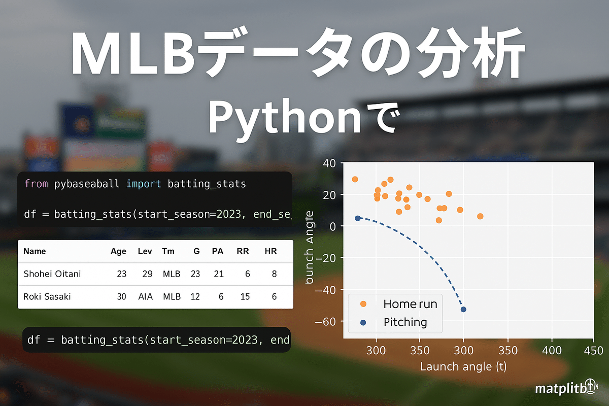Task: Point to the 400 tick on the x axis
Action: coord(552,351)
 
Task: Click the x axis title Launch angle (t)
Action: coord(463,366)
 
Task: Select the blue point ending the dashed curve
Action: coord(463,310)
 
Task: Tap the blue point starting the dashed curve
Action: coord(357,218)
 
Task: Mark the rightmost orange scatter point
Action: coord(480,216)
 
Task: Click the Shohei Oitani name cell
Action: coord(52,274)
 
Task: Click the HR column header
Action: coord(270,251)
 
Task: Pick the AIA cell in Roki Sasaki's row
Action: coord(146,297)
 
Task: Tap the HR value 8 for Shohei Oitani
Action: coord(274,274)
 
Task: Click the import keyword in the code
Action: coord(144,184)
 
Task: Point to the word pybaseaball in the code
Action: coord(86,184)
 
